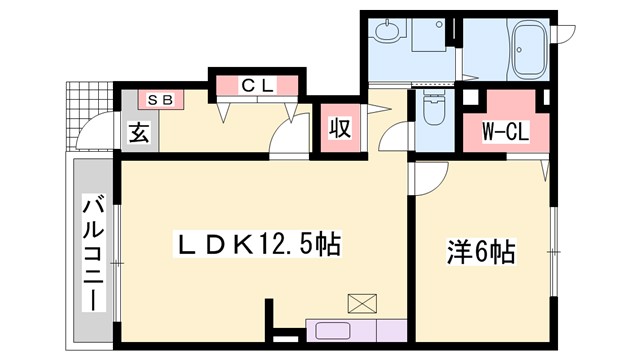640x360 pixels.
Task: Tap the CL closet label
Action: [x=256, y=85]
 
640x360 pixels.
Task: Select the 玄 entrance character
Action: [x=137, y=131]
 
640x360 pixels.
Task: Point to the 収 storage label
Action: [x=340, y=129]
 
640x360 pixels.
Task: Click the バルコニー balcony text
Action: [x=94, y=254]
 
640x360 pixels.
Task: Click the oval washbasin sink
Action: [x=386, y=34]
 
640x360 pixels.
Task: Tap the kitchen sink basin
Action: [x=330, y=331]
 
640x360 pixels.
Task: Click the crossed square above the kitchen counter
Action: [x=358, y=303]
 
